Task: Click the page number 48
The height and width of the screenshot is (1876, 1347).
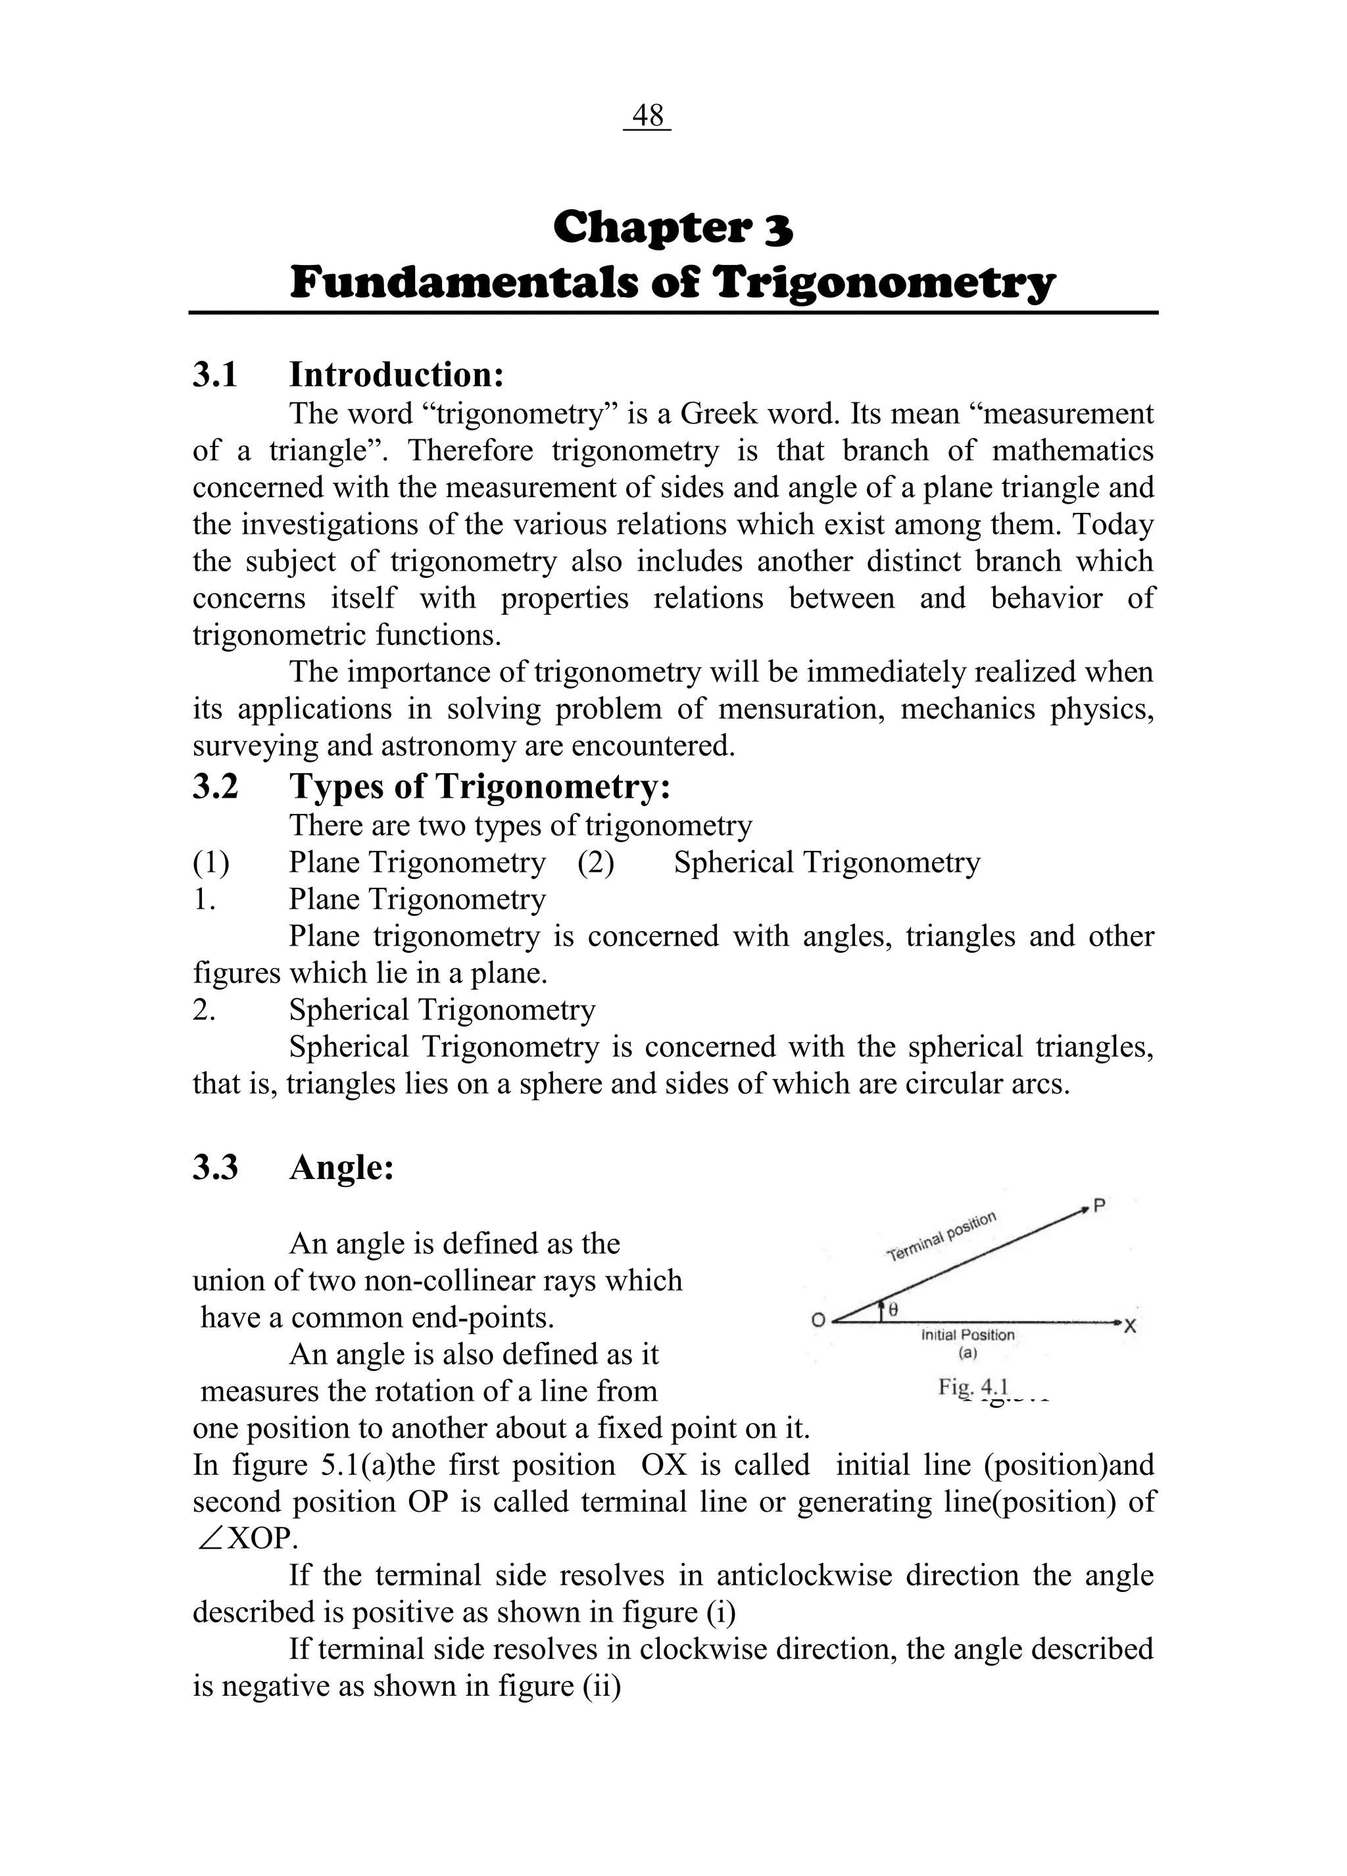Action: coord(647,116)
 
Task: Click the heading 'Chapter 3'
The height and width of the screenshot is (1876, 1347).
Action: coord(673,228)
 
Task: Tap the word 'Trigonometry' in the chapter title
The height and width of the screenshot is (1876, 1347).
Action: coord(884,283)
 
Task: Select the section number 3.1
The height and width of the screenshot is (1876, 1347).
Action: coord(215,375)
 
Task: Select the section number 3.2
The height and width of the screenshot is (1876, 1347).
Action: coord(215,786)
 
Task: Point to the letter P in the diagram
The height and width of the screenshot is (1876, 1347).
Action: coord(1100,1206)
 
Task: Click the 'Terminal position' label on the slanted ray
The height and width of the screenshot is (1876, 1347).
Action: coord(942,1237)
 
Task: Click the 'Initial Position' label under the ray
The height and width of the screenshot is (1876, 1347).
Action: coord(967,1335)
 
